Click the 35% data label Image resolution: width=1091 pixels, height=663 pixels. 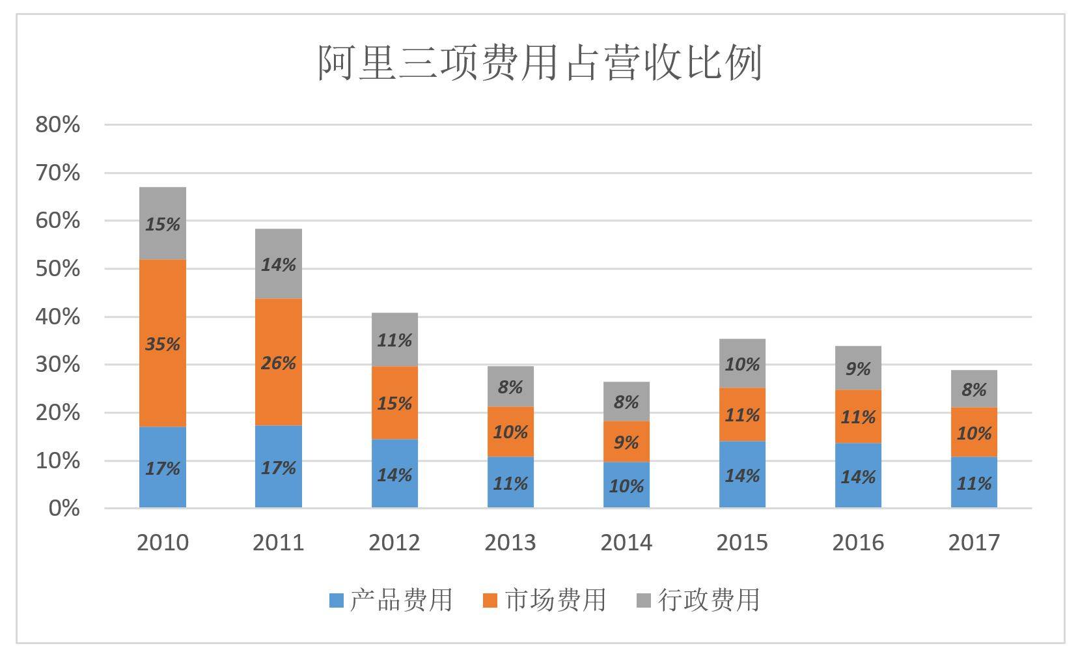[x=162, y=343]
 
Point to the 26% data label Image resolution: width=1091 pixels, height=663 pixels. [x=278, y=363]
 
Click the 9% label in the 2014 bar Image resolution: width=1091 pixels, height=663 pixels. [x=626, y=443]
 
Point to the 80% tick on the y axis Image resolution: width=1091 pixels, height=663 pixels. [x=58, y=124]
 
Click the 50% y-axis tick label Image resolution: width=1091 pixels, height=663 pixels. [x=58, y=268]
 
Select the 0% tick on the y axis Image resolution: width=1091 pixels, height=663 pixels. [x=64, y=508]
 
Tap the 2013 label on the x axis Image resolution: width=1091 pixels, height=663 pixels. [x=510, y=542]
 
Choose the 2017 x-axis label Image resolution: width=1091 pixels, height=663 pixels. [x=974, y=542]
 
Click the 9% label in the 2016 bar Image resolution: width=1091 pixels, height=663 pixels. [x=858, y=369]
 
